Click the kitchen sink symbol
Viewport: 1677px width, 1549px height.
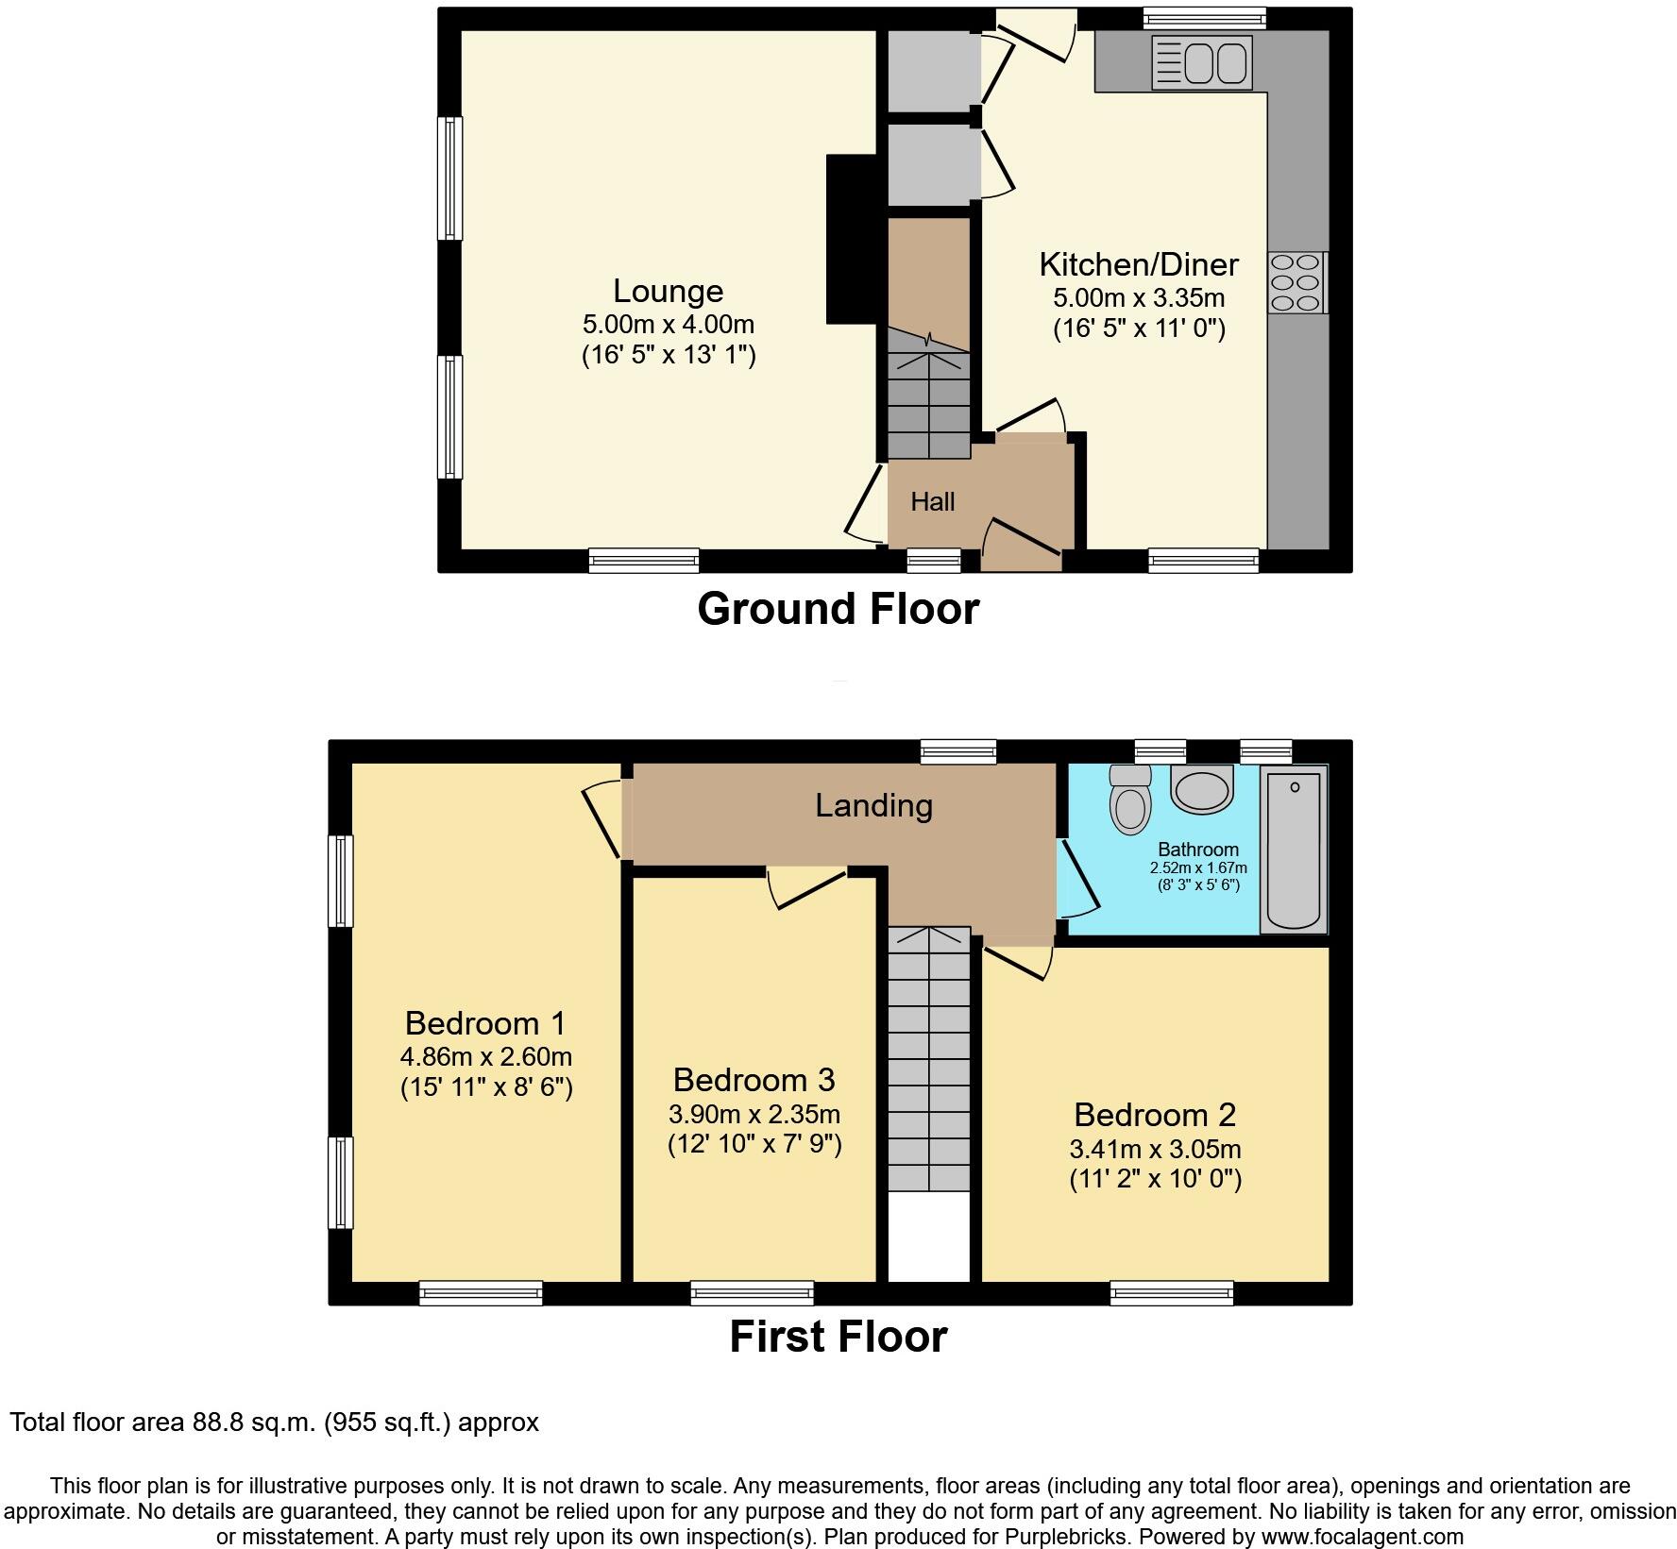(1201, 63)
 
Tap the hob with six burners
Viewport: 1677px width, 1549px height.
(1296, 282)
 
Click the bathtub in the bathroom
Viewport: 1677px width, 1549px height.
(1294, 849)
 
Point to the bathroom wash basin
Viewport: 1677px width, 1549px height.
(1201, 788)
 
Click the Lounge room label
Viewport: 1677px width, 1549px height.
(668, 291)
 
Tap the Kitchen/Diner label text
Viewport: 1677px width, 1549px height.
(1138, 264)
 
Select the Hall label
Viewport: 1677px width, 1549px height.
(932, 502)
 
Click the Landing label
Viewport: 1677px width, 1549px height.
(873, 805)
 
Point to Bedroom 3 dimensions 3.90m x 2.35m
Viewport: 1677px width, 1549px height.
(754, 1114)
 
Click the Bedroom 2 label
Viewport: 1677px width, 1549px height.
(1154, 1115)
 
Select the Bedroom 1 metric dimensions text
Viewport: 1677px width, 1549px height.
(485, 1056)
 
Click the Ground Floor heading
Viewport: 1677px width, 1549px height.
(838, 609)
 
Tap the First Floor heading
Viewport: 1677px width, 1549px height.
(838, 1337)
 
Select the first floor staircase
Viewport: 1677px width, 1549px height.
(929, 1057)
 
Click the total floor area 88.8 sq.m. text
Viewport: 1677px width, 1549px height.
(274, 1422)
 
